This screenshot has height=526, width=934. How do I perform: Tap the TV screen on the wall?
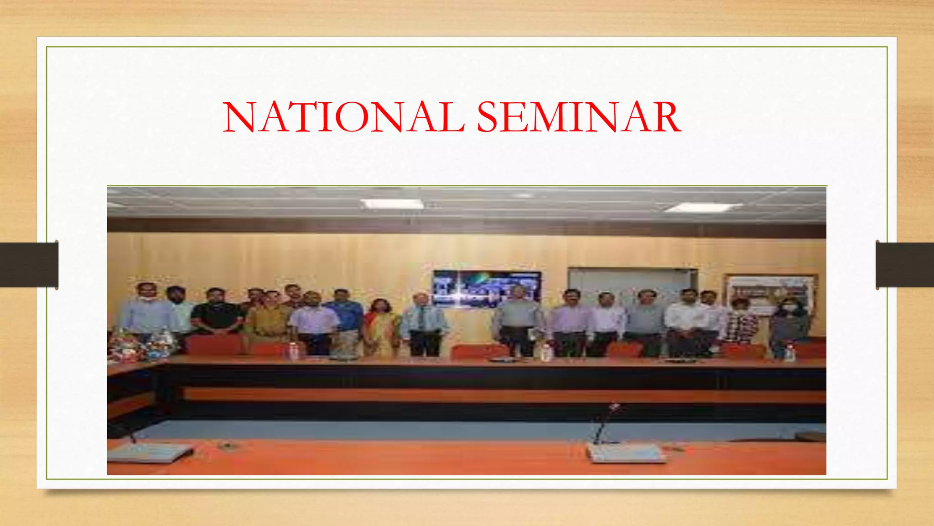coord(486,289)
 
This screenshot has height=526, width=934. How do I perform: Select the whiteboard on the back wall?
coord(632,283)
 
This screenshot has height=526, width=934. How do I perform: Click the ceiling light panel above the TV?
coord(392,204)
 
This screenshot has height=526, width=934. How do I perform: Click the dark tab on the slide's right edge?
coord(905,265)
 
